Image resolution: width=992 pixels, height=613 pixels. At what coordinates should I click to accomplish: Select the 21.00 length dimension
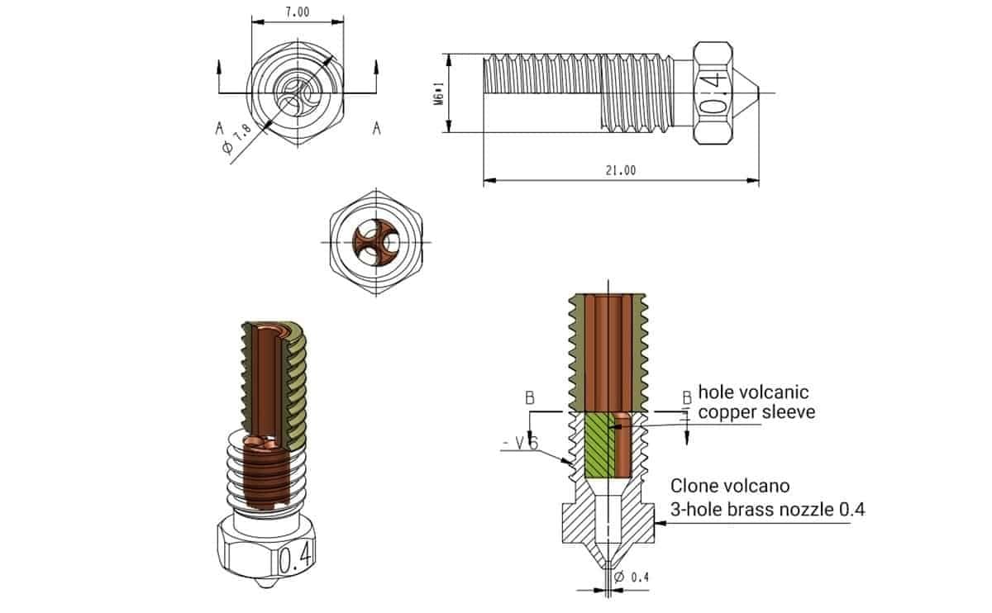[621, 171]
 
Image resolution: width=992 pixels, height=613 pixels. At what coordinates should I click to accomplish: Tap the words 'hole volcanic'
[753, 391]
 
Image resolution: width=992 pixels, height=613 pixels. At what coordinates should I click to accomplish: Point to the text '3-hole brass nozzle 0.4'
[767, 509]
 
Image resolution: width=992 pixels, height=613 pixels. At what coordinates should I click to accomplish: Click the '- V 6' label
[520, 444]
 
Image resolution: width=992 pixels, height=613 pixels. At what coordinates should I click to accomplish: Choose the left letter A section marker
[218, 128]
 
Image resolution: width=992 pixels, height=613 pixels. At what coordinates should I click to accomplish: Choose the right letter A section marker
[377, 128]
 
